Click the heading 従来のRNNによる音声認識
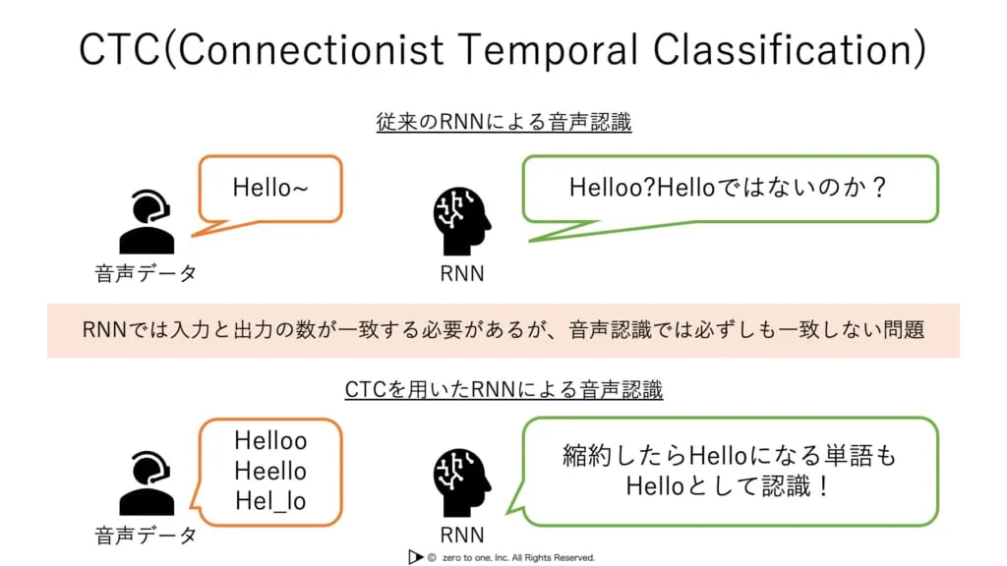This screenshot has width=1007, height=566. tap(503, 123)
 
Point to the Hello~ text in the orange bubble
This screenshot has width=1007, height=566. tap(270, 186)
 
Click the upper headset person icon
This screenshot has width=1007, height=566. tap(146, 222)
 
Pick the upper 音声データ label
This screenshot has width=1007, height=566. tap(146, 273)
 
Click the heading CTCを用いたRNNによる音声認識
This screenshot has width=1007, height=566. tap(503, 389)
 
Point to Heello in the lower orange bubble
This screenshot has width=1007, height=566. tap(270, 471)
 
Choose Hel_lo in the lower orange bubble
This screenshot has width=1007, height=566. tap(270, 501)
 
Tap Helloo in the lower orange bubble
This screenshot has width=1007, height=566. tap(270, 441)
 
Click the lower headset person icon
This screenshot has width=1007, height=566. tap(146, 483)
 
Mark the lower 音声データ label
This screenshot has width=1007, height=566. tap(146, 535)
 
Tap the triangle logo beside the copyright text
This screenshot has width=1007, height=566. tap(415, 557)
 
